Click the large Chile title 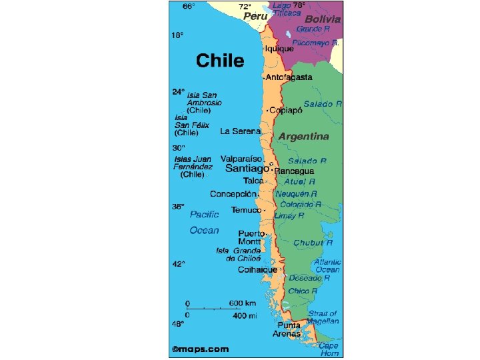pyautogui.click(x=219, y=61)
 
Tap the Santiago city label pyautogui.click(x=247, y=169)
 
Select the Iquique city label pyautogui.click(x=279, y=49)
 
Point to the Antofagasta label pyautogui.click(x=289, y=77)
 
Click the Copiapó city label pyautogui.click(x=286, y=110)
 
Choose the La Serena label pyautogui.click(x=240, y=131)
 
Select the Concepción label pyautogui.click(x=233, y=194)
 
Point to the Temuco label pyautogui.click(x=247, y=210)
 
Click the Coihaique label pyautogui.click(x=257, y=270)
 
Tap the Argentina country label pyautogui.click(x=303, y=136)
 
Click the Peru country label pyautogui.click(x=255, y=15)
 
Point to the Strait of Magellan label pyautogui.click(x=323, y=317)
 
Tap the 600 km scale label pyautogui.click(x=243, y=303)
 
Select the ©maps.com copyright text pyautogui.click(x=200, y=349)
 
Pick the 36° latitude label pyautogui.click(x=178, y=207)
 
